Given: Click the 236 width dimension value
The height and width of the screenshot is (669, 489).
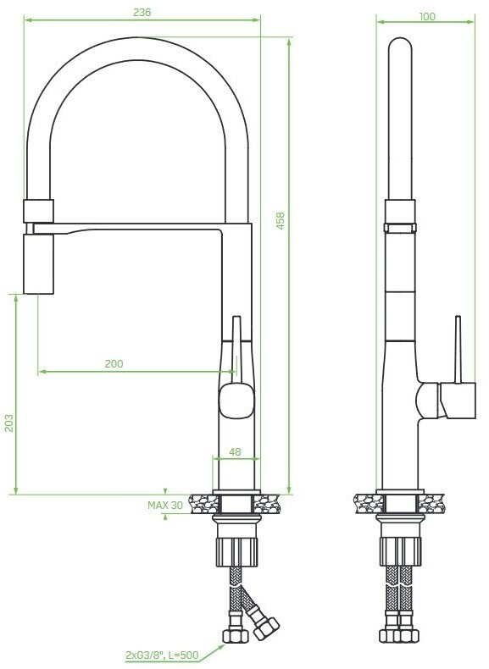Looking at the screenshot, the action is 142,13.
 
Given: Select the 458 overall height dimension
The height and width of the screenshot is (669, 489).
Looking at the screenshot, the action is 281,220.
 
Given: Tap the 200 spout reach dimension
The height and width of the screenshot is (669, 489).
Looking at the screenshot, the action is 114,363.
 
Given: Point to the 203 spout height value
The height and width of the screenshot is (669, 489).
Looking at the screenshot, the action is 9,423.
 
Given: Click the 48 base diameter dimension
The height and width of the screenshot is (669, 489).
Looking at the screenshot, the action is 235,451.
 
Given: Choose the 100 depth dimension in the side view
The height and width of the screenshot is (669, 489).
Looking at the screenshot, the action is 427,17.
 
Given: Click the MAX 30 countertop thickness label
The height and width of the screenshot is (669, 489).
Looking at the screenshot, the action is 165,506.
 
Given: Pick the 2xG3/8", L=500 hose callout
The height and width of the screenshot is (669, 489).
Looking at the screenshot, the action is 162,655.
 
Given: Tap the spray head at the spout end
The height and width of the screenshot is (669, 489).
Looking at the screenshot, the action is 39,264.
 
